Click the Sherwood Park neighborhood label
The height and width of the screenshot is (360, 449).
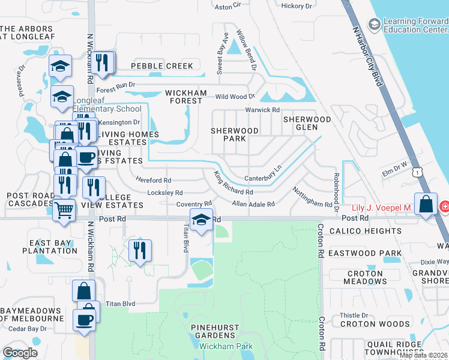point(234,134)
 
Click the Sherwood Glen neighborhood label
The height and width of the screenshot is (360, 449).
point(307,124)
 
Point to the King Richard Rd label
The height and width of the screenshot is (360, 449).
point(233,184)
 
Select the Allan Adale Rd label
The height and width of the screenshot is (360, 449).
point(253,204)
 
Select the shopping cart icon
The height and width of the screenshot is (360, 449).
point(64,210)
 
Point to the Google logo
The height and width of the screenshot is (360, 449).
point(20,352)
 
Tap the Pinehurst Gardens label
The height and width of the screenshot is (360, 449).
point(214,332)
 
